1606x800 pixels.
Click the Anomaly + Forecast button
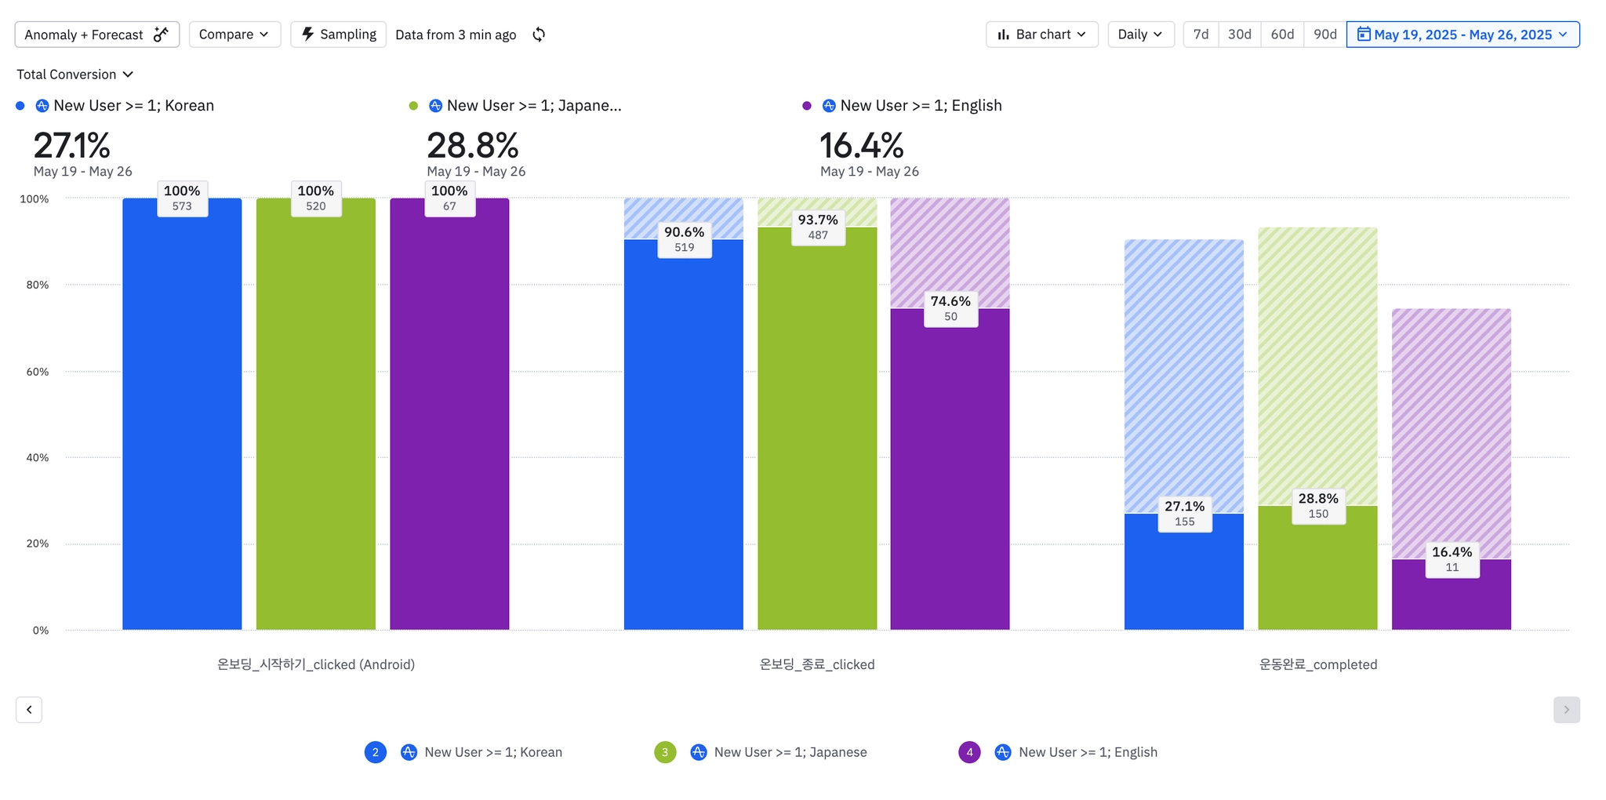(96, 35)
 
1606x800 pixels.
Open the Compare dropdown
(234, 35)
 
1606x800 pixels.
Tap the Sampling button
(338, 35)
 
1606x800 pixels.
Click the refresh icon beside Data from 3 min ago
(539, 35)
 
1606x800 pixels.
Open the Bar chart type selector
(1041, 35)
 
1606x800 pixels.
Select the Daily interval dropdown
(1140, 35)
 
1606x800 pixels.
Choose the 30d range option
(1239, 35)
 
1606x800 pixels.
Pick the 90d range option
(1324, 35)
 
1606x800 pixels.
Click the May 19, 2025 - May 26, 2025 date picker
(1462, 35)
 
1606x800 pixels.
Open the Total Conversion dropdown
(74, 75)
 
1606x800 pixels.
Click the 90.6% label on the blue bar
(684, 239)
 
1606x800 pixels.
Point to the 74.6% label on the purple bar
(950, 308)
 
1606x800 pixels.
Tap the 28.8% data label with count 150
(1318, 506)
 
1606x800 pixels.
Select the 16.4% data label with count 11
(1452, 559)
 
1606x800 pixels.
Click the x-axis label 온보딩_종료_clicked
(817, 664)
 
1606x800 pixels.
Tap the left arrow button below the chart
(29, 710)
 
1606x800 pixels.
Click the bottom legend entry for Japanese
(790, 752)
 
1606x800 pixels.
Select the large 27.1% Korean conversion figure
(71, 145)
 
